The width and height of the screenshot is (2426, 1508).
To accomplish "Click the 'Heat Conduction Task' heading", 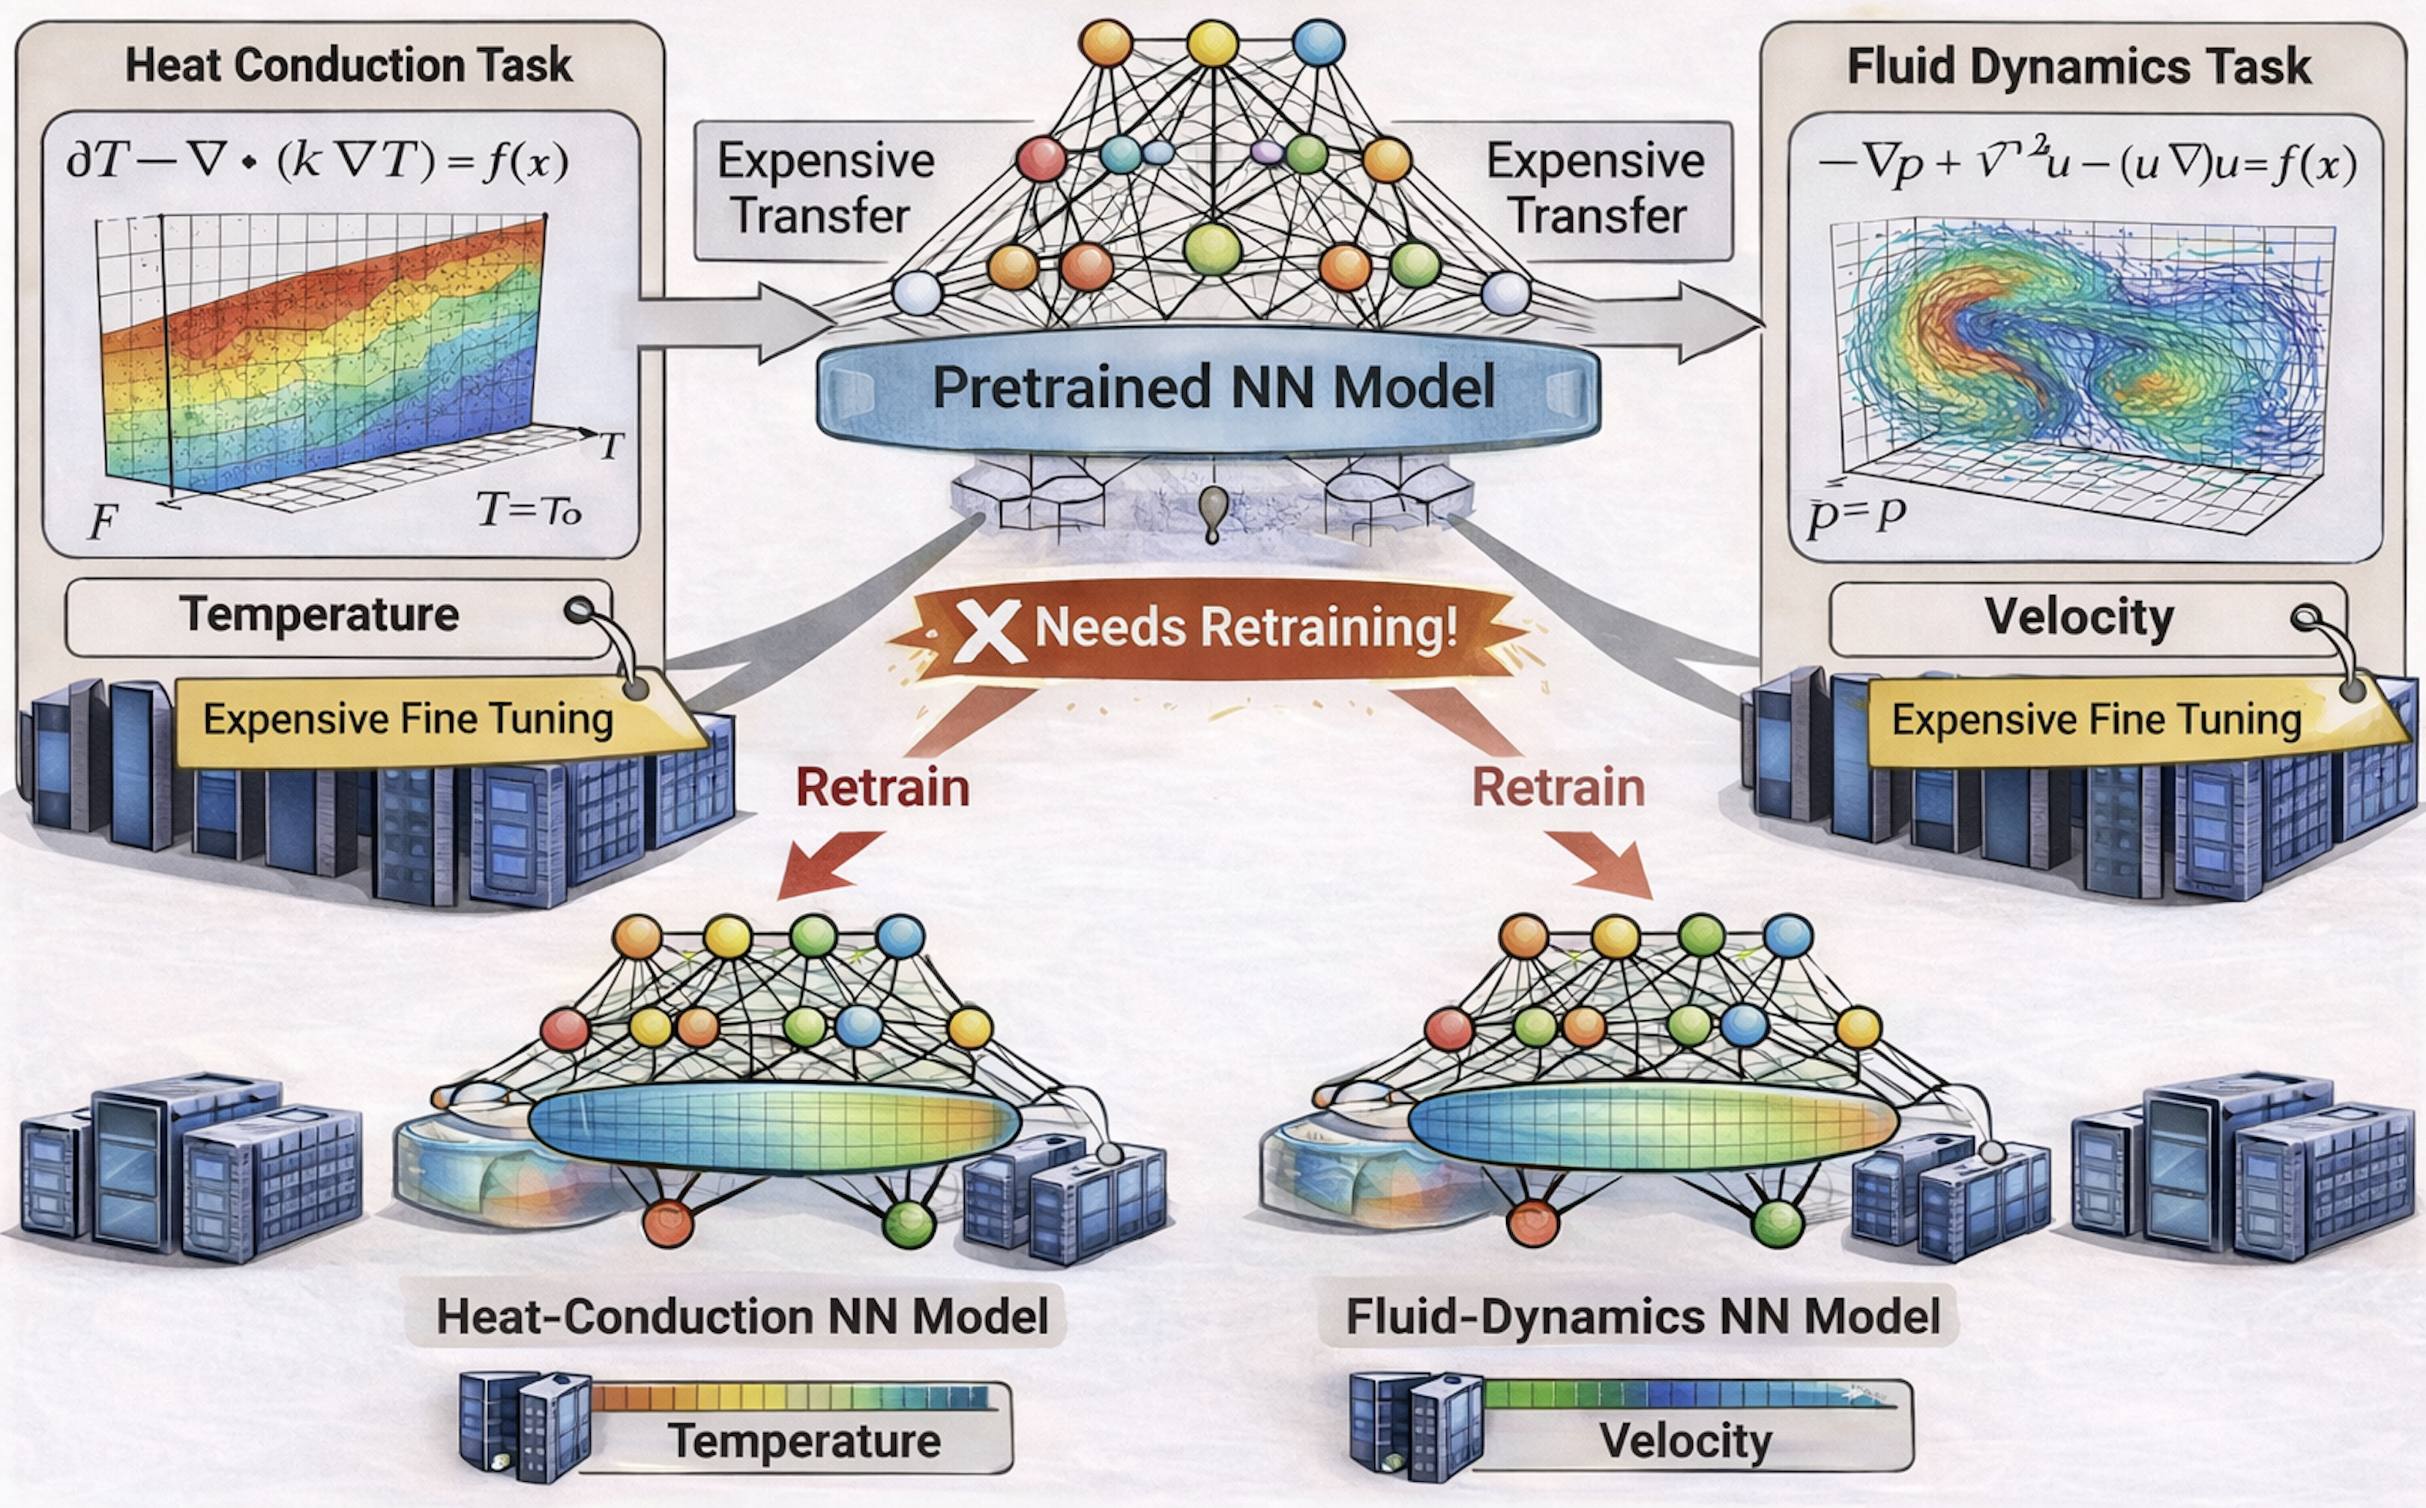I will point(347,66).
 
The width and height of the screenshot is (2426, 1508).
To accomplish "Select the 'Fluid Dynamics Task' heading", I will point(2078,67).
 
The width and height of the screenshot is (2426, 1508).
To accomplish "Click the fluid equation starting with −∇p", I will point(2085,165).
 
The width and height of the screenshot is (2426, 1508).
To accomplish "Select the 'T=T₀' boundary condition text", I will point(529,510).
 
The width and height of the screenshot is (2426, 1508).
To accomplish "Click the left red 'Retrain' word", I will point(882,788).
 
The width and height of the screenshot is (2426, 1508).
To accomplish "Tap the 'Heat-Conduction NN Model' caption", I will point(742,1317).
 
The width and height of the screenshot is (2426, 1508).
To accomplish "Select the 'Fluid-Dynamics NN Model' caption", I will point(1642,1317).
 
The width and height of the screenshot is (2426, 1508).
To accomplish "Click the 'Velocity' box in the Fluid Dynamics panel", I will point(2078,618).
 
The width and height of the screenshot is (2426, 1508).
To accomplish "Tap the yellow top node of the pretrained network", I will point(1212,43).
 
